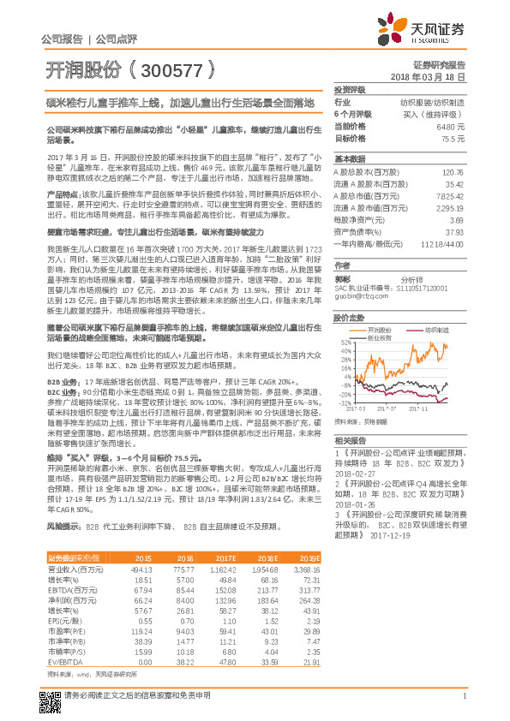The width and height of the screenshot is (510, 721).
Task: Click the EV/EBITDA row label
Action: pyautogui.click(x=64, y=662)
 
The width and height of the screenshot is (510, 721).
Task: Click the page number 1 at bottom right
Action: pyautogui.click(x=463, y=704)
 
